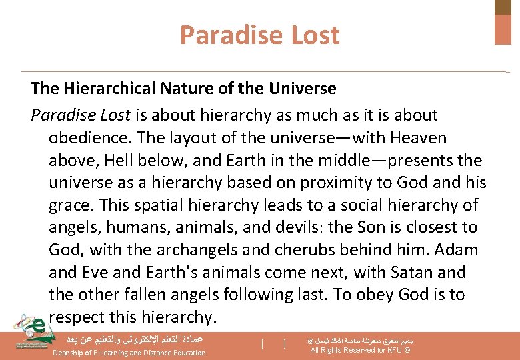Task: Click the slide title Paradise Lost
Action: (259, 35)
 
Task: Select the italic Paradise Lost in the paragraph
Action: (80, 115)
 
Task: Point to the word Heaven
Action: (418, 138)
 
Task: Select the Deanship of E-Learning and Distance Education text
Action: (129, 353)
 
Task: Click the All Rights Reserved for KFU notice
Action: (360, 351)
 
